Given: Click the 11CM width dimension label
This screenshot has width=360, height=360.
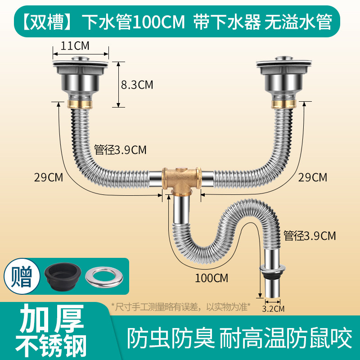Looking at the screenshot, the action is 75,46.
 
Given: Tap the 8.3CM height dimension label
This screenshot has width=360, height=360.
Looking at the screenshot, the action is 137,85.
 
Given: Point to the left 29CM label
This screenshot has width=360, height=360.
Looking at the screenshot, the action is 49,177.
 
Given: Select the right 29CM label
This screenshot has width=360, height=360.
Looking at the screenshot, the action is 312,177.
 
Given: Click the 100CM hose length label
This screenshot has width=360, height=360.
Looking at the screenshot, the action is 211,278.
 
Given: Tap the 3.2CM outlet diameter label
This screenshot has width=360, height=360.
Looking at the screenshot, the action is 273,309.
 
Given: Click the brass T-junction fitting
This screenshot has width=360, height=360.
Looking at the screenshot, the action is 182,181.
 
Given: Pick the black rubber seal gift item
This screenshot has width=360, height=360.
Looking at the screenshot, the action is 63,277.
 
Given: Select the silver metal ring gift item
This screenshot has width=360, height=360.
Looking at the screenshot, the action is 104,277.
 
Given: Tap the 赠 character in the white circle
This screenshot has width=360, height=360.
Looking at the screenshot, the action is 22,276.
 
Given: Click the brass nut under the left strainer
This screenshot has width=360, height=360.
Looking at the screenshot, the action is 80,103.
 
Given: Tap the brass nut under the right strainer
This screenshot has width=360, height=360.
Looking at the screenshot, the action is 284,103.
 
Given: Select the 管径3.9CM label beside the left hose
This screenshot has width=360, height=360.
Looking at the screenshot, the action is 120,150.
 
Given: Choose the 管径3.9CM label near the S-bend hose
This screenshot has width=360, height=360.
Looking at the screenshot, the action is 310,236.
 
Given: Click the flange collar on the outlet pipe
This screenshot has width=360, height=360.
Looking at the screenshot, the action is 273,268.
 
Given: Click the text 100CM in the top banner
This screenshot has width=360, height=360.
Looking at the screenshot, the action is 159,22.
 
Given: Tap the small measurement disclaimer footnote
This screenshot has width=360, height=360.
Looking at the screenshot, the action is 180,307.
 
